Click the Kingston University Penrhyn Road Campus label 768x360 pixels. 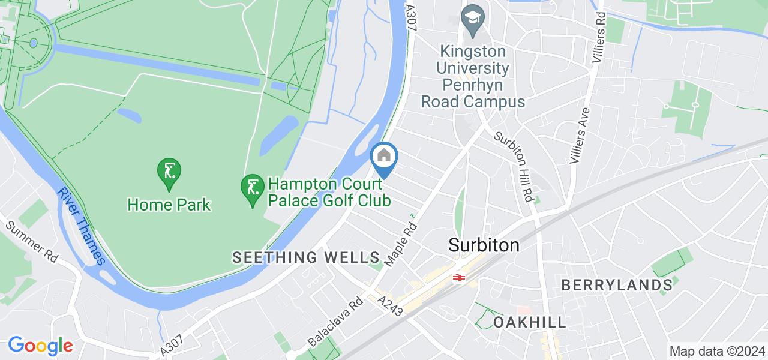473,76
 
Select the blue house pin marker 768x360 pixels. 384,157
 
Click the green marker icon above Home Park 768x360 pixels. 169,172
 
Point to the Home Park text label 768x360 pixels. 169,205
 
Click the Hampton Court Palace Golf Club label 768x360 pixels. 329,191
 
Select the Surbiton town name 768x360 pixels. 484,245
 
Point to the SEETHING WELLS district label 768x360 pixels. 306,258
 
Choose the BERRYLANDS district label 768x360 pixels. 617,285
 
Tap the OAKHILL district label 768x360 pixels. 530,322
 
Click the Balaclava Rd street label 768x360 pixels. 335,322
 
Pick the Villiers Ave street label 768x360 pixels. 579,136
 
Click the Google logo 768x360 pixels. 40,346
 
